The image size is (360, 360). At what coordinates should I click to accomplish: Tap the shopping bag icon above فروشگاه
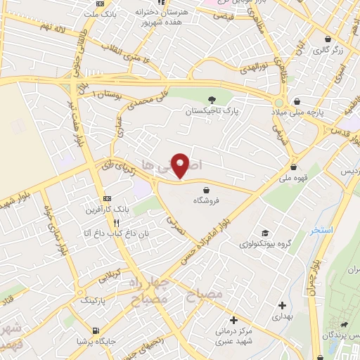pos(206,189)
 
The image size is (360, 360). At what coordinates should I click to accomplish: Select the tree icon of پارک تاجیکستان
pos(213,99)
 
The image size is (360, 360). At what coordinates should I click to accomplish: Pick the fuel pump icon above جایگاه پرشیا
pos(96,330)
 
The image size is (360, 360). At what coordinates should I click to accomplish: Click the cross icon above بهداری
pos(282,305)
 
